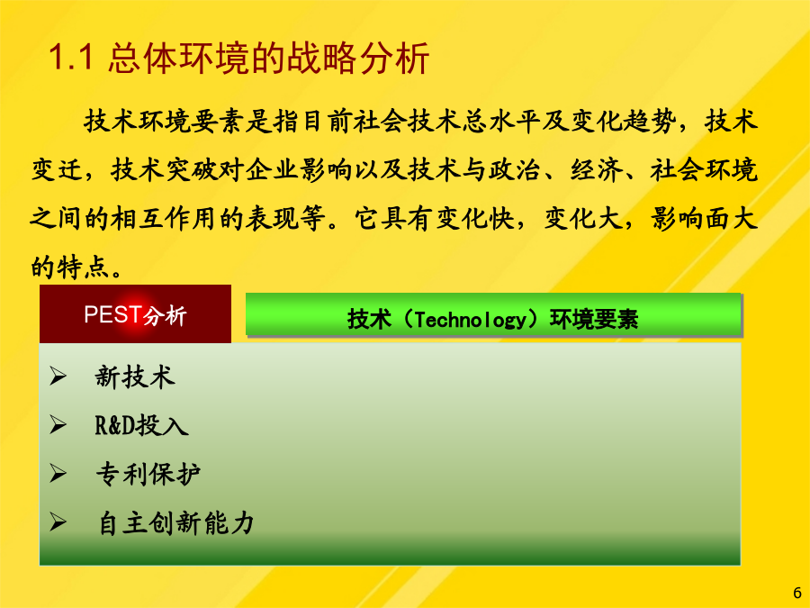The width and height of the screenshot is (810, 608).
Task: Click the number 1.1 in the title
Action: click(71, 57)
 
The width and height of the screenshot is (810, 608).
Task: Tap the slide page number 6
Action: click(797, 593)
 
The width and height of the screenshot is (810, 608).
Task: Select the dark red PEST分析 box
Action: click(135, 313)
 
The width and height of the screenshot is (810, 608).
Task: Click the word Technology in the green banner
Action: click(470, 320)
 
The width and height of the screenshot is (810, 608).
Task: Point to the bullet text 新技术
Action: click(135, 377)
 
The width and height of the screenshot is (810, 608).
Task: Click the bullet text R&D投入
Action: click(141, 425)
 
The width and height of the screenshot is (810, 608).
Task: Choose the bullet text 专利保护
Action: click(148, 474)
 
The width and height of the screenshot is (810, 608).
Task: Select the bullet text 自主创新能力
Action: click(176, 522)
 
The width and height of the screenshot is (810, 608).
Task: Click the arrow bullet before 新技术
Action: click(58, 376)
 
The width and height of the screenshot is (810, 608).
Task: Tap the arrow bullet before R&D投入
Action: click(58, 425)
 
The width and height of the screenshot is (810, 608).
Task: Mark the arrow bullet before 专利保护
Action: click(58, 474)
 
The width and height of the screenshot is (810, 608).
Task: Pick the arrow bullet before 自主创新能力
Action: click(58, 522)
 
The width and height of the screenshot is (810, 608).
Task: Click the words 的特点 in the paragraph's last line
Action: click(70, 268)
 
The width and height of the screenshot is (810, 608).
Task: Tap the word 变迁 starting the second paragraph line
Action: click(57, 170)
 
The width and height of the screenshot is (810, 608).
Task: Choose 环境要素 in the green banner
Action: click(594, 319)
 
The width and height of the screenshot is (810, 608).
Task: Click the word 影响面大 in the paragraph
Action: click(704, 219)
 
